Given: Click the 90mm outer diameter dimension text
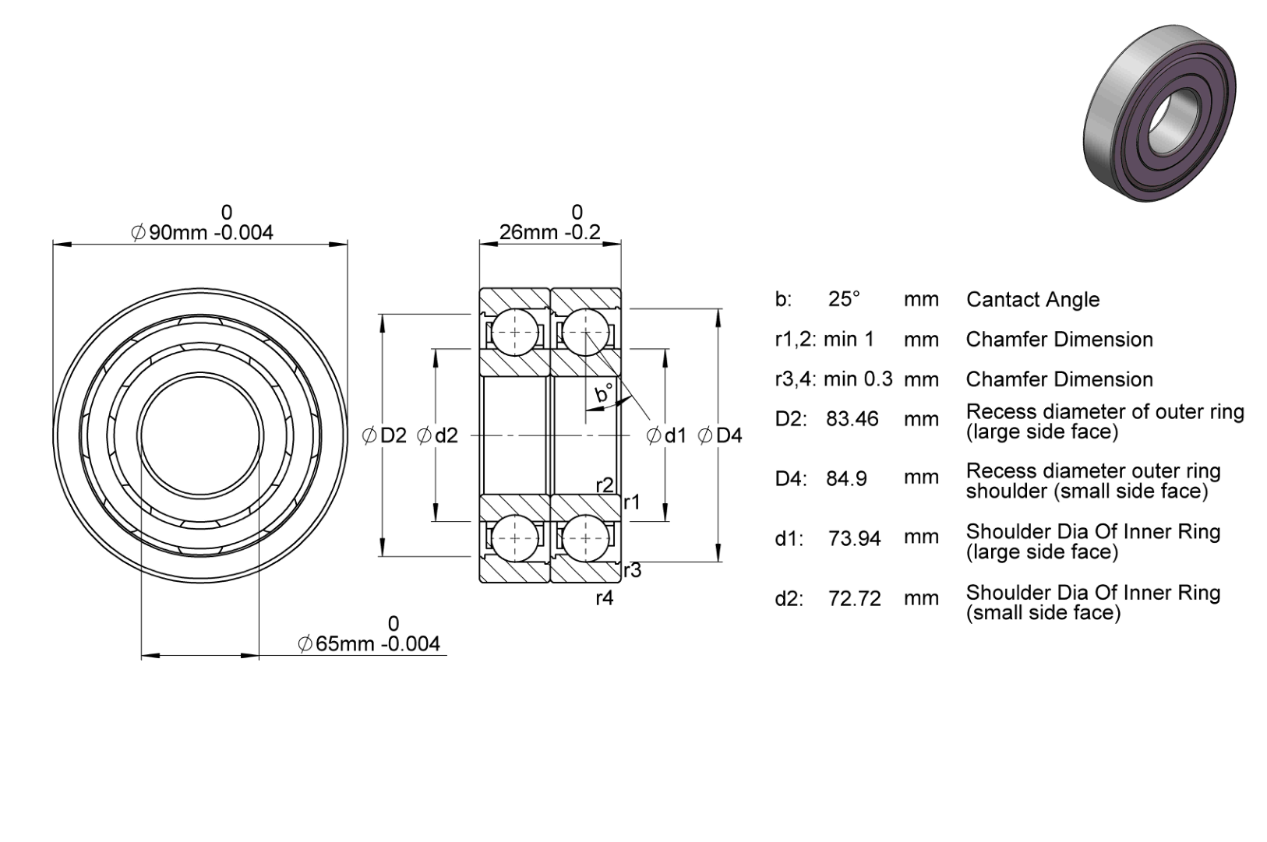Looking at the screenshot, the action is pos(202,232).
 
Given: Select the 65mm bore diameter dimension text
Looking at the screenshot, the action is pos(369,643).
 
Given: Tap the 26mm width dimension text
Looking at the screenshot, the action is pos(549,232).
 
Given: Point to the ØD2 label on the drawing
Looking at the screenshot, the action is pos(384,435).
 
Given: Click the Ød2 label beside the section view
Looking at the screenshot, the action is pos(437,435).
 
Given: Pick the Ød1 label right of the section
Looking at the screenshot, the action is pos(666,435).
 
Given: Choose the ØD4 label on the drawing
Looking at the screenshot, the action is pos(720,435).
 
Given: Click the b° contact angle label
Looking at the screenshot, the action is pos(604,392).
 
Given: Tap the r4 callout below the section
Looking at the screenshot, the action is pos(605,597).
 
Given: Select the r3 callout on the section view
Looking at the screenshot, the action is pos(633,571).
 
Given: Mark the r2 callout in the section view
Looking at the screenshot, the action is pos(605,485).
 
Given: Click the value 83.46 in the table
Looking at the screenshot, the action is pos(852,419).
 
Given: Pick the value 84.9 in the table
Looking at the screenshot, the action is pos(846,479).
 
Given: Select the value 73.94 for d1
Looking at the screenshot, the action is pos(855,539).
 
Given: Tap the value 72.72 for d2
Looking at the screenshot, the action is pos(855,599).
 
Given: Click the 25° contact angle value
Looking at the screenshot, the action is pos(844,299).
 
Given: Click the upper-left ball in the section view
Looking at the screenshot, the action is pos(515,333).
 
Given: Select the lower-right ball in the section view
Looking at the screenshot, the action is pos(585,537).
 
